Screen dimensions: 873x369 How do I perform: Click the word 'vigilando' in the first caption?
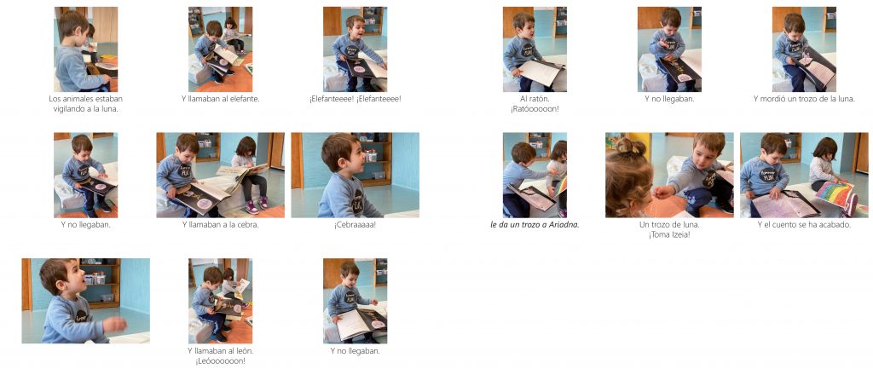[70, 109]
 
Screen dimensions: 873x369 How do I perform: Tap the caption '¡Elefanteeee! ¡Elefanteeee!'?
[356, 99]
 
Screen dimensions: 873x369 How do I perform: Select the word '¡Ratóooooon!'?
[535, 109]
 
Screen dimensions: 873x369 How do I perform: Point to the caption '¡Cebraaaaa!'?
[356, 226]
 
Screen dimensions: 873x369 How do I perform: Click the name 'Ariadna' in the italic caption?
[565, 226]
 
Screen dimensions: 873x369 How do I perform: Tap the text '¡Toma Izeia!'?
[669, 235]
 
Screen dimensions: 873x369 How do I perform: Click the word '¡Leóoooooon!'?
[220, 361]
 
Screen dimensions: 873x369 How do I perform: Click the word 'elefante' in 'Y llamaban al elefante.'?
[245, 99]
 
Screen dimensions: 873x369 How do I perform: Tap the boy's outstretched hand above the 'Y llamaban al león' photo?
[116, 324]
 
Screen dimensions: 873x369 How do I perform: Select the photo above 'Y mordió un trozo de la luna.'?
[804, 49]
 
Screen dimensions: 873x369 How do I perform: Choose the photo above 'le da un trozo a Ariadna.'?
[535, 175]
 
